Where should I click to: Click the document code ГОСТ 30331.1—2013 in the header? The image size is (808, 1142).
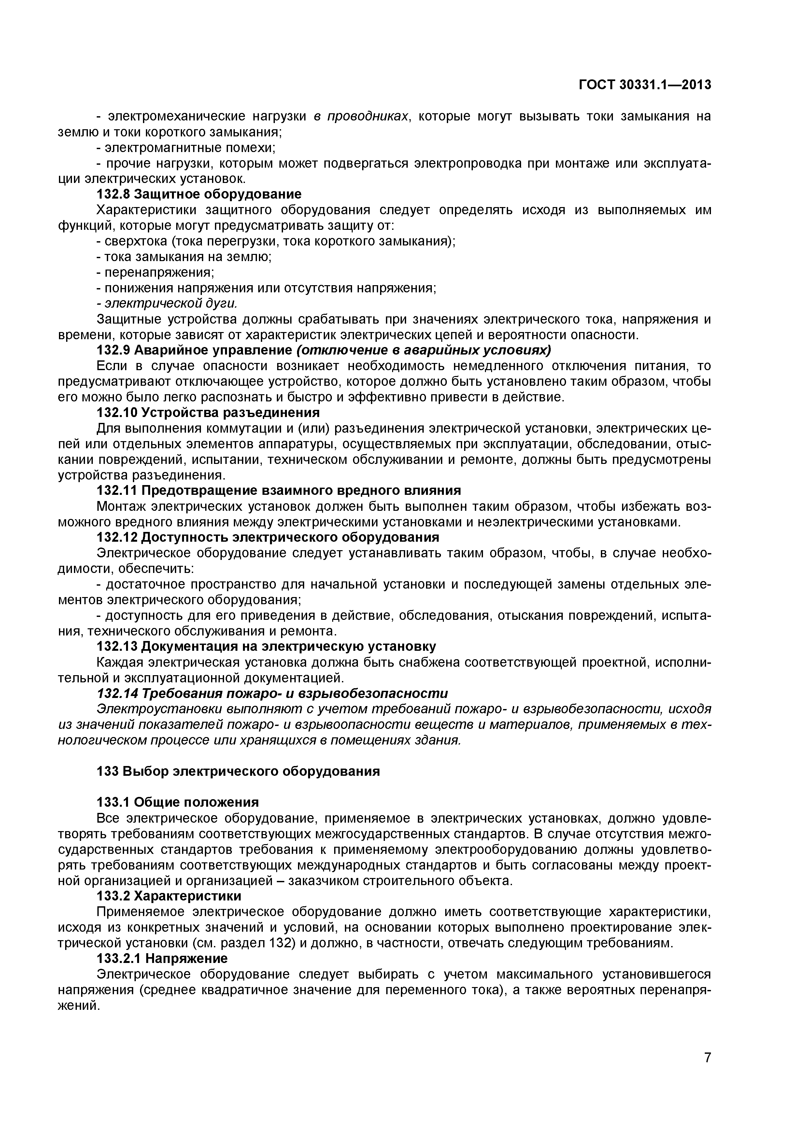645,85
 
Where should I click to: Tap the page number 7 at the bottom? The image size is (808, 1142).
707,1071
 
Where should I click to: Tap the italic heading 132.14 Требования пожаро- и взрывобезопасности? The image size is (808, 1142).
272,693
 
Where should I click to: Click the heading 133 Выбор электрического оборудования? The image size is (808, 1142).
238,772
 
